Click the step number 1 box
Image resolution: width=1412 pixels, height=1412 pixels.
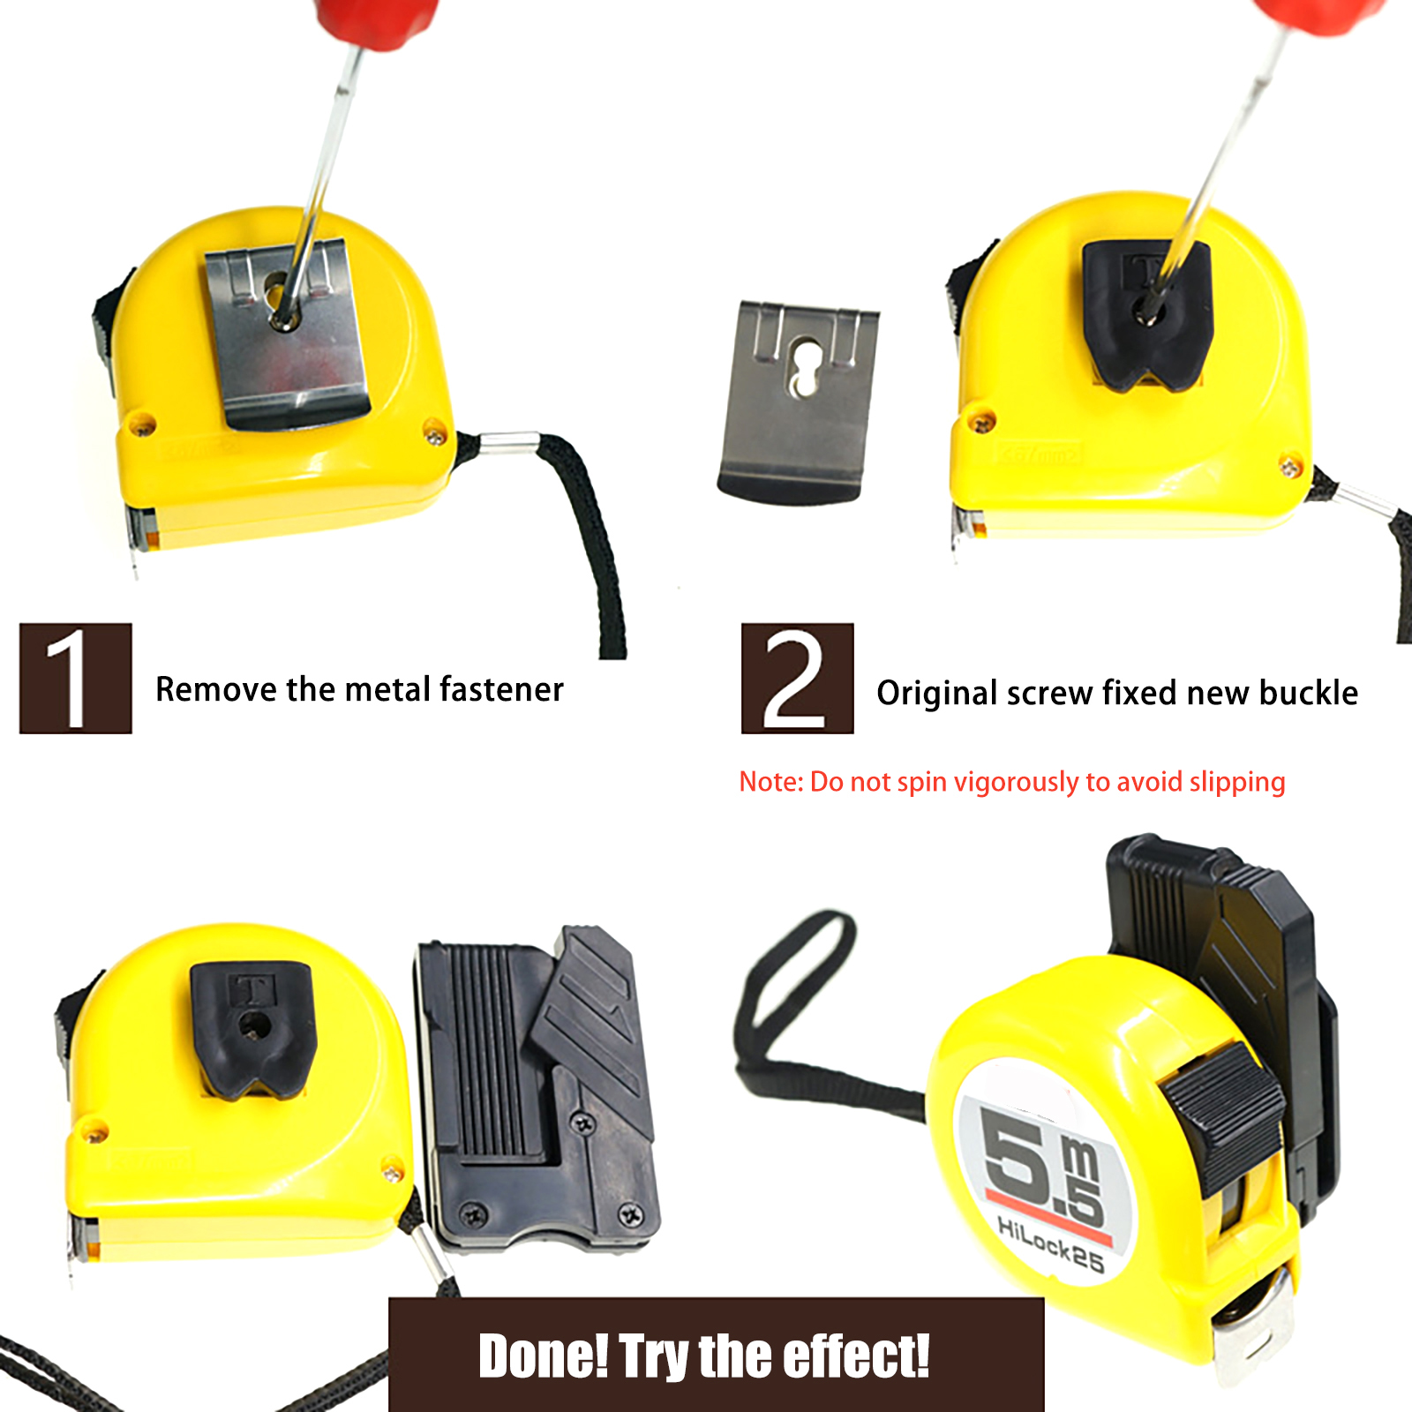click(x=76, y=678)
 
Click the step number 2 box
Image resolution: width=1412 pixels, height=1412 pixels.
click(x=797, y=678)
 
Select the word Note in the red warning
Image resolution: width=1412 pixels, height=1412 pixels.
click(x=769, y=782)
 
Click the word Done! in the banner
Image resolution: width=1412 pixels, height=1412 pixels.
click(x=544, y=1356)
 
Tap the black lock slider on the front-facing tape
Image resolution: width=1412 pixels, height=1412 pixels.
click(x=1222, y=1112)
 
